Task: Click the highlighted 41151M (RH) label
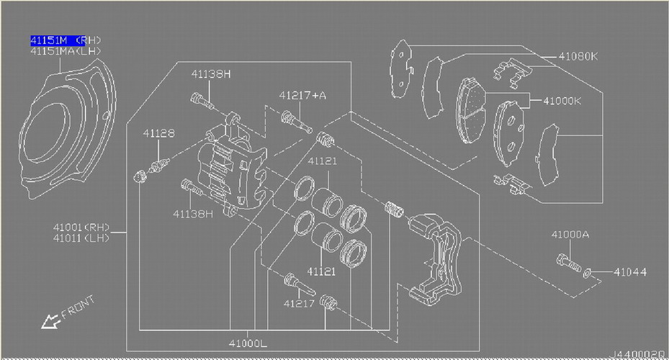pos(66,40)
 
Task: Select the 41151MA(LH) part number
pos(66,51)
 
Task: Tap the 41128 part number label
pos(158,133)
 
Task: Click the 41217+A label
pos(302,95)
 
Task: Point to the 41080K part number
pos(578,56)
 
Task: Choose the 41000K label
pos(562,101)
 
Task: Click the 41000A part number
pos(570,235)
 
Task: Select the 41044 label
pos(630,271)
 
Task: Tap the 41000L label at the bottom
pos(248,343)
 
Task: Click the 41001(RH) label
pos(81,228)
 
